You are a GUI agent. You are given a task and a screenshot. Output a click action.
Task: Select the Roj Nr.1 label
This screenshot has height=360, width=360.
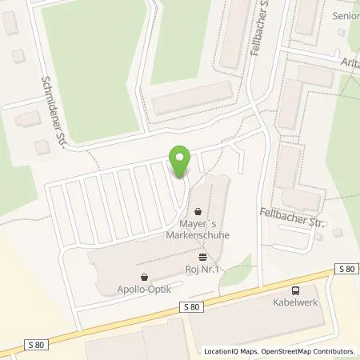coord(201,269)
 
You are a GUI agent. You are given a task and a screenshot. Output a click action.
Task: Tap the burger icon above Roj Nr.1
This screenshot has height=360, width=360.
coord(202,258)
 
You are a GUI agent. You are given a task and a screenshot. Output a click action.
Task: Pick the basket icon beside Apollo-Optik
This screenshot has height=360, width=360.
coord(144,277)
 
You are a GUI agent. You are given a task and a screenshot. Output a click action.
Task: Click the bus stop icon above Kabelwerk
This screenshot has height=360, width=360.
coord(297,292)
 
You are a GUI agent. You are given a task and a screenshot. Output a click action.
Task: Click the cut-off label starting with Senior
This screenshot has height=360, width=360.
coord(346,15)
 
